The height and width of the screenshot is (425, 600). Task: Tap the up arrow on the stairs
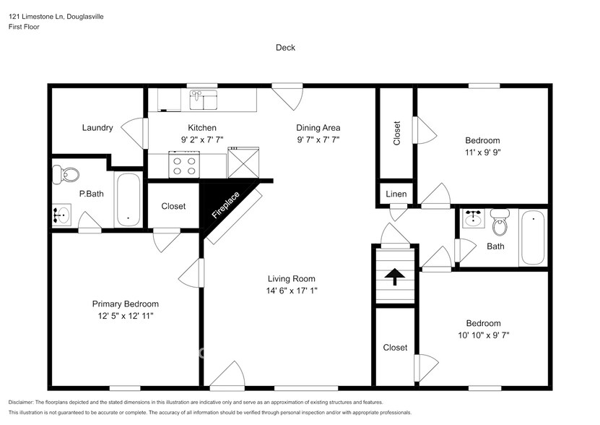[395, 277]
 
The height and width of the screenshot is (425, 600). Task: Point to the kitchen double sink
[203, 100]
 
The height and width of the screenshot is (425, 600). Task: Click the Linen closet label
[396, 194]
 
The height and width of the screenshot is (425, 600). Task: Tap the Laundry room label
[97, 128]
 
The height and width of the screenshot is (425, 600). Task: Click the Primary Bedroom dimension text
[125, 316]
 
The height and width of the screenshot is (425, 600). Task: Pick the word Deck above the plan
[285, 48]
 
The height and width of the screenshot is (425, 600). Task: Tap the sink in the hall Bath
[474, 218]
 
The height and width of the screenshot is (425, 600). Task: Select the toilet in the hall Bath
[500, 224]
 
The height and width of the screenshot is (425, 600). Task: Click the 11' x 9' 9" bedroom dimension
[482, 153]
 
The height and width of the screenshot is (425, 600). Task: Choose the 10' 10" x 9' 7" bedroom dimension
[482, 335]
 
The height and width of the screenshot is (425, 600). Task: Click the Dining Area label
[318, 128]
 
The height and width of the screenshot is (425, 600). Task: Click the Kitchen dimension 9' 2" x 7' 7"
[202, 140]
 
